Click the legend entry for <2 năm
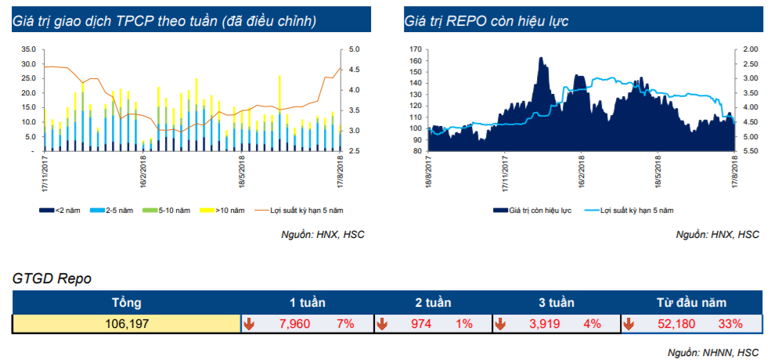click(58, 211)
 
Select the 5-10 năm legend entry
click(166, 211)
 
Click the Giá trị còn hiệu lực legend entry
click(532, 211)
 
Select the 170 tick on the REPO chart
click(416, 49)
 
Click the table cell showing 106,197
click(126, 323)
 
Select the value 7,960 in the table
click(289, 323)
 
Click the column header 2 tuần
click(433, 302)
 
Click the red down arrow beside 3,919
click(500, 323)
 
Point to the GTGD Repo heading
click(52, 279)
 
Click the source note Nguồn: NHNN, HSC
click(713, 353)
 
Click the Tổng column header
click(126, 302)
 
